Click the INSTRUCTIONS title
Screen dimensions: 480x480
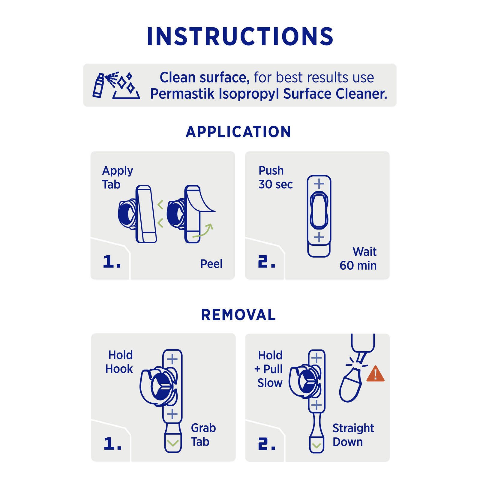tap(240, 36)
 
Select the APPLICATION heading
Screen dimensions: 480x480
tap(238, 132)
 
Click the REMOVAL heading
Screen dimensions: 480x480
tap(238, 315)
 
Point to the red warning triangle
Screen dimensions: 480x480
tap(375, 374)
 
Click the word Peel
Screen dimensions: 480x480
tap(211, 264)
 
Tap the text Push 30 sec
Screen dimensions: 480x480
tap(275, 177)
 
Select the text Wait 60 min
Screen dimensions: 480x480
tap(358, 259)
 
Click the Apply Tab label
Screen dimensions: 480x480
tap(117, 177)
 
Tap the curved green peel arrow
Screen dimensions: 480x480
tap(203, 231)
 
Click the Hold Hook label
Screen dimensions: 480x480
tap(119, 362)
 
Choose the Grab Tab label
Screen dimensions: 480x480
tap(203, 435)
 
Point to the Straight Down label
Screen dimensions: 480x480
tap(353, 435)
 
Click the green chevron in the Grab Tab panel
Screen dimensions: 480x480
tap(173, 443)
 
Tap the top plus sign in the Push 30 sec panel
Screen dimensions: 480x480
tap(319, 184)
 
